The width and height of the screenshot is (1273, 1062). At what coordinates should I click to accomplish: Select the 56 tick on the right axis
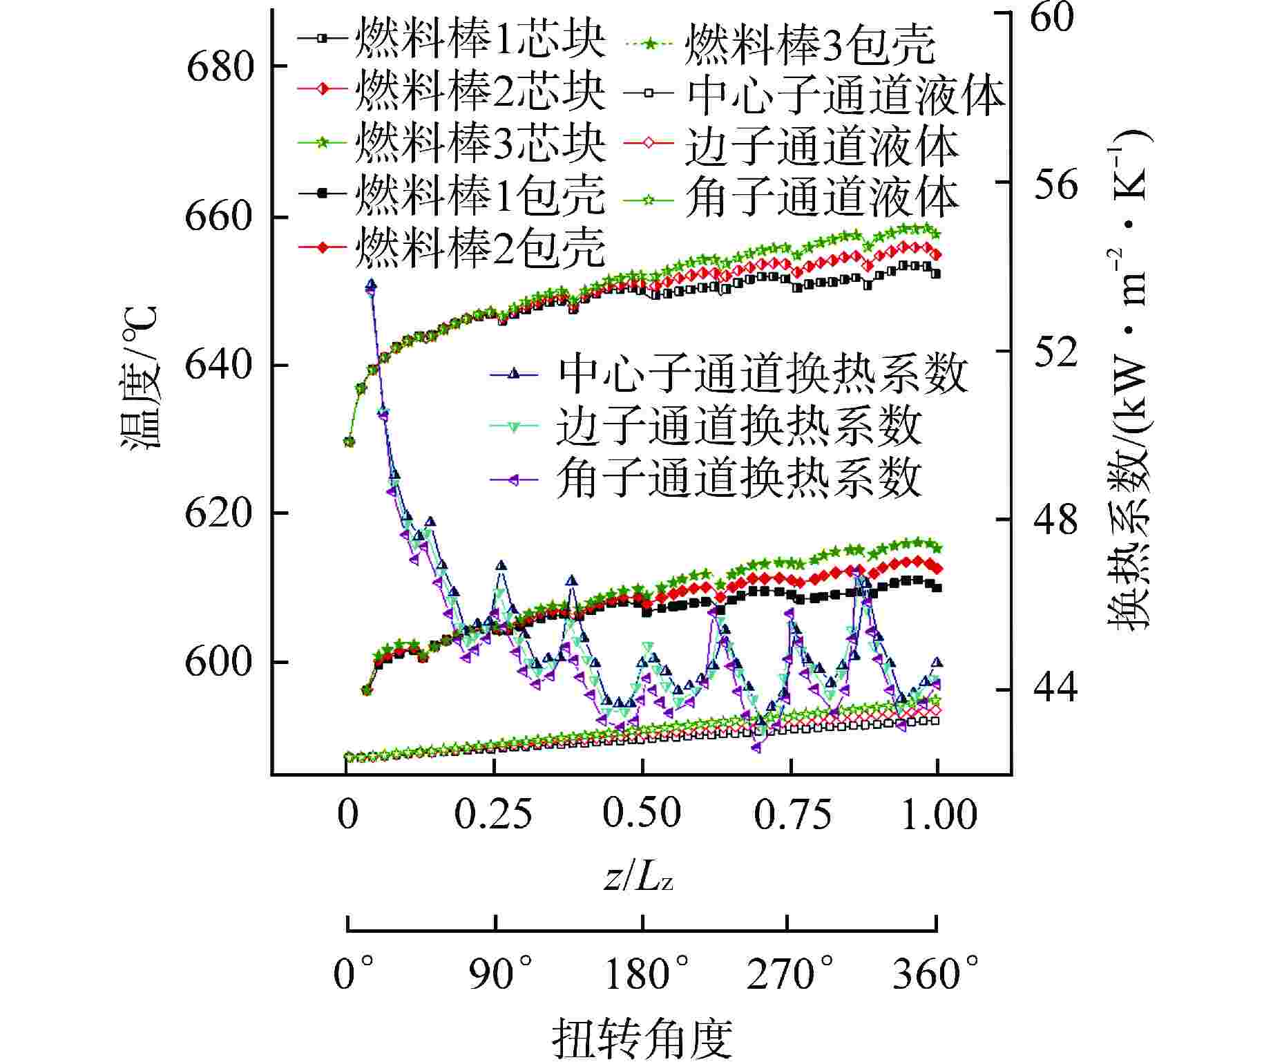point(1055,183)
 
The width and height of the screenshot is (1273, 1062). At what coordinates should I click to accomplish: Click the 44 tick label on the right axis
point(1055,689)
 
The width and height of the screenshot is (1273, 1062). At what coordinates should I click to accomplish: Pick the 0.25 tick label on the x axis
point(494,814)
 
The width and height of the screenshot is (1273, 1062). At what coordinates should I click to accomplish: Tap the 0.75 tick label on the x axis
point(792,814)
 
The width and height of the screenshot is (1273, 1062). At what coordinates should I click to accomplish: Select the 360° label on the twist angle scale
point(935,974)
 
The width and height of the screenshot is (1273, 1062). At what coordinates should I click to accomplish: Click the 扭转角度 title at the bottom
point(642,1039)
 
